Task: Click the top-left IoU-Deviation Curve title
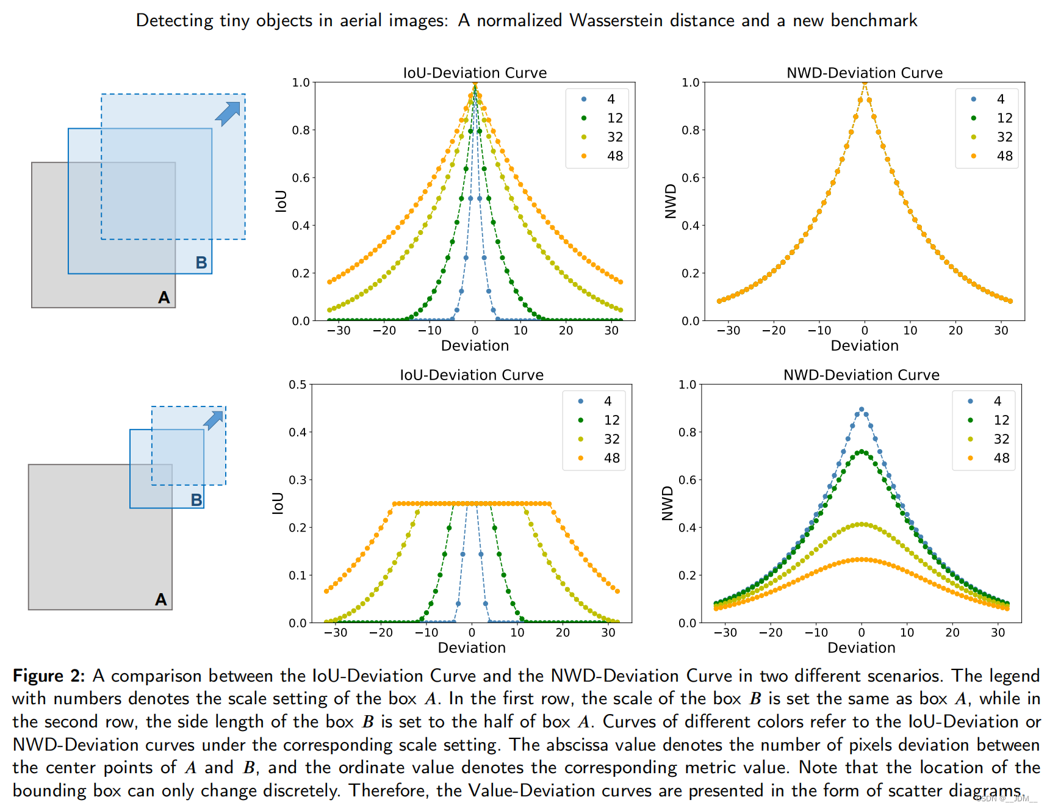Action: (x=475, y=73)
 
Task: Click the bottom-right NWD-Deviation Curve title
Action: (x=861, y=375)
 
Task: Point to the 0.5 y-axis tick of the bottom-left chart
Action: (x=298, y=384)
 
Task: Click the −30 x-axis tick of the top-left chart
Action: (x=339, y=331)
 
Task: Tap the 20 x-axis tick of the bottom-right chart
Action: (x=952, y=633)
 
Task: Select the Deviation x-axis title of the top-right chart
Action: (x=864, y=346)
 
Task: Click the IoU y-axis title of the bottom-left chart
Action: (x=278, y=503)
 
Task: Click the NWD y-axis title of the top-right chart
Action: (x=671, y=201)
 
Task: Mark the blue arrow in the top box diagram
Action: (x=228, y=114)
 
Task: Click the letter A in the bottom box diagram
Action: (x=160, y=599)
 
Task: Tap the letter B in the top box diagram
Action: (x=201, y=262)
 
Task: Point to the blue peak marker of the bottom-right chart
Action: (x=861, y=409)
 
